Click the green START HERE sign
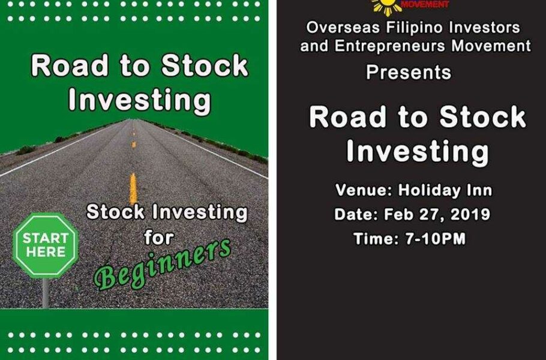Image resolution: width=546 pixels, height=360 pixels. (x=45, y=245)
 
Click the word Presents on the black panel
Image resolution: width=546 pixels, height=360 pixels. (x=409, y=73)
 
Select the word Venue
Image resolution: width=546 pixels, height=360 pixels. (x=362, y=191)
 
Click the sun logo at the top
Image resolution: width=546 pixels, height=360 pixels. (x=386, y=5)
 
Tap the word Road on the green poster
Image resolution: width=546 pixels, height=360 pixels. (x=65, y=66)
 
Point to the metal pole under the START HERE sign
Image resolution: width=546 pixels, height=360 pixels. (x=46, y=292)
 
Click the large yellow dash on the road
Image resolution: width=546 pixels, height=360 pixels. (x=133, y=189)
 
